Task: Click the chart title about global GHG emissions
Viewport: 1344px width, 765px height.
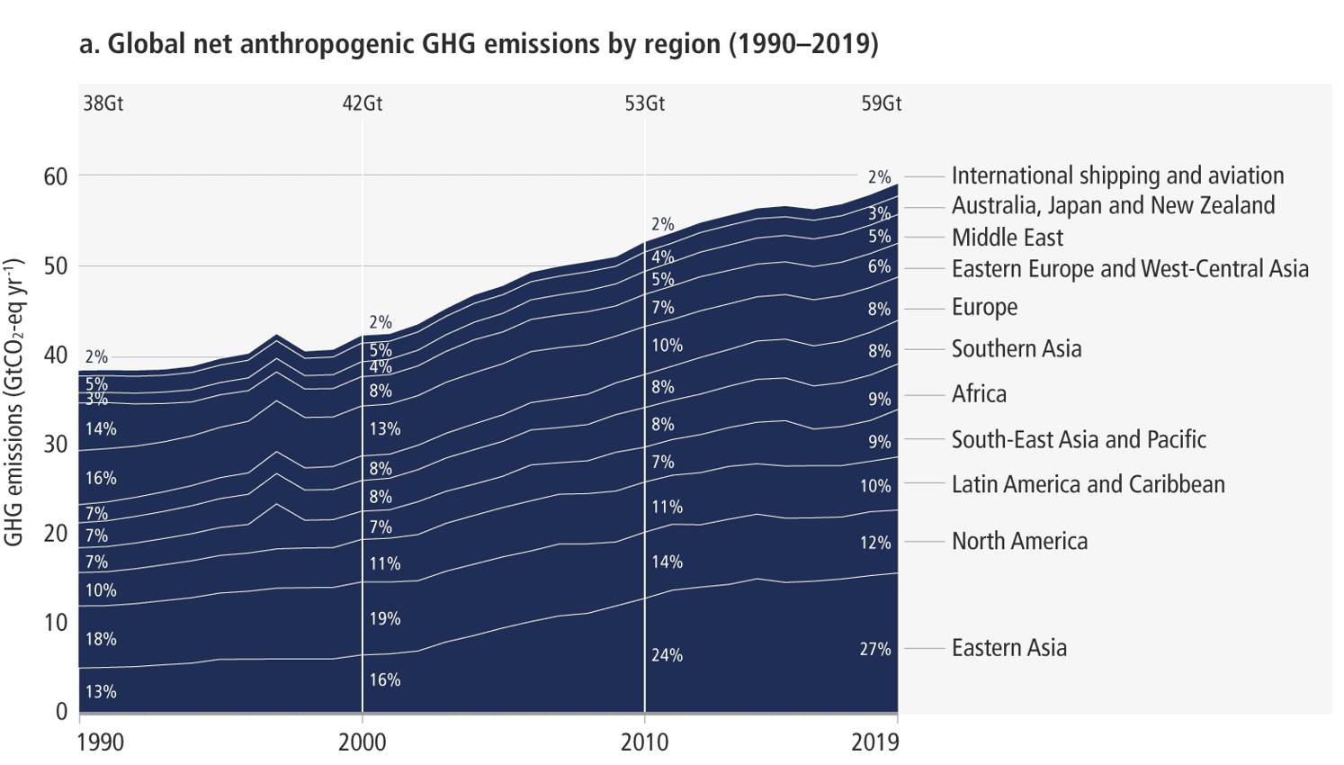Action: [478, 43]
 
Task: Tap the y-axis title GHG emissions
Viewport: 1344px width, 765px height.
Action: [14, 402]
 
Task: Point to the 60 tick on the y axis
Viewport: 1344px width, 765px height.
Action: [56, 176]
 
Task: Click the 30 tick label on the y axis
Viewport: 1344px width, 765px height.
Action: [56, 444]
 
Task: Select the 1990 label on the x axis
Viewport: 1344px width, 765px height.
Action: [101, 742]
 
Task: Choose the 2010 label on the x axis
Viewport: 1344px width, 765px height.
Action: [644, 742]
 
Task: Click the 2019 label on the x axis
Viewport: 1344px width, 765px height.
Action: [874, 742]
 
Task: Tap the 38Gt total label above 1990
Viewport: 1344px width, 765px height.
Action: [103, 103]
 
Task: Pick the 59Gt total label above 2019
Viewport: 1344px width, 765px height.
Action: [881, 103]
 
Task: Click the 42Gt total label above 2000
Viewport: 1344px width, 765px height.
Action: [362, 103]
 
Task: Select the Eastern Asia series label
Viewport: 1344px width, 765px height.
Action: [1008, 648]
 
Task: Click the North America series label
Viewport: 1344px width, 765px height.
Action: [1019, 541]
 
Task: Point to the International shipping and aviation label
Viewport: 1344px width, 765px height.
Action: [1117, 175]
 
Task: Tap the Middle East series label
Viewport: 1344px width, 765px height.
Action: [1007, 238]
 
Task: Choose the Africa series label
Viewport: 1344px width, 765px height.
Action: [979, 394]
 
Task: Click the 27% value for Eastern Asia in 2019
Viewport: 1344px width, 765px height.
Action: [874, 649]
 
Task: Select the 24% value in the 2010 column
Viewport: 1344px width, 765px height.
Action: [667, 655]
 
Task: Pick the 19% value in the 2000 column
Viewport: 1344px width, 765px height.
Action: [384, 619]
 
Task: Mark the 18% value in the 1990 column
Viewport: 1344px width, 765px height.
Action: [101, 639]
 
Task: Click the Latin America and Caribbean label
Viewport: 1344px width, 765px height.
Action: [1088, 484]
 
